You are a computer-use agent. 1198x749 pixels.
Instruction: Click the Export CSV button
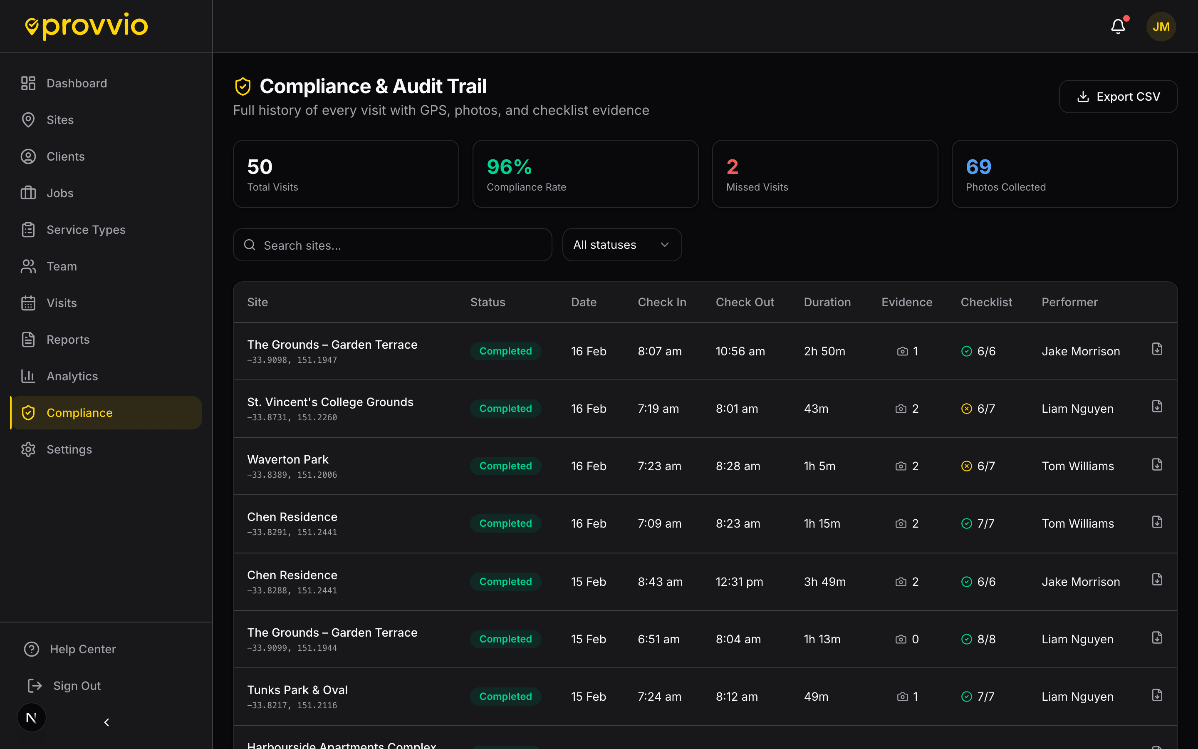pos(1118,97)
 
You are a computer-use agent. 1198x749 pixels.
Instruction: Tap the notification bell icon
pos(1118,26)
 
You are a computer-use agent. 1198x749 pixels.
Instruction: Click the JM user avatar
pos(1161,27)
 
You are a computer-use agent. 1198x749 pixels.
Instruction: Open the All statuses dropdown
pos(621,245)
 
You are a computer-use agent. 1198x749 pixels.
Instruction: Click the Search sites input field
pos(392,245)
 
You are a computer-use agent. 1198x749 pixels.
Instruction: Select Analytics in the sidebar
pos(72,376)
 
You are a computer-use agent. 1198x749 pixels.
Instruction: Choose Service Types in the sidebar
pos(86,230)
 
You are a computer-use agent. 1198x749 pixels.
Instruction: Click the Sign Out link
pos(76,686)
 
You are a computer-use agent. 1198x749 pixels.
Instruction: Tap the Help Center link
pos(82,649)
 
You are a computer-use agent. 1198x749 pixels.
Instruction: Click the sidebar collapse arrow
pos(106,722)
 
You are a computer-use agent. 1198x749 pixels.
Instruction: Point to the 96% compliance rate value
pos(509,167)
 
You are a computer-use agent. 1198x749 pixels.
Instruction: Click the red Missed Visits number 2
pos(732,167)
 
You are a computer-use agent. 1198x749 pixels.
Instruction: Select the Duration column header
pos(827,302)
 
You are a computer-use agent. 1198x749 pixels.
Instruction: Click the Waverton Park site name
pos(287,459)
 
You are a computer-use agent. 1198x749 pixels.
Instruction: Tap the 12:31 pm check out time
pos(739,582)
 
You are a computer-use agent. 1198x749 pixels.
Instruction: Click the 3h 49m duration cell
pos(824,582)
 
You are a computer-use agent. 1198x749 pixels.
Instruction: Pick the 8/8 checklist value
pos(985,639)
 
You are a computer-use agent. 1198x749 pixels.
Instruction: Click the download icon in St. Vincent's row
pos(1157,407)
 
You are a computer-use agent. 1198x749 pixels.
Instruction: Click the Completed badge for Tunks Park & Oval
pos(505,697)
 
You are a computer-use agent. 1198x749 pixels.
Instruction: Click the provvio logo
pos(87,26)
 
